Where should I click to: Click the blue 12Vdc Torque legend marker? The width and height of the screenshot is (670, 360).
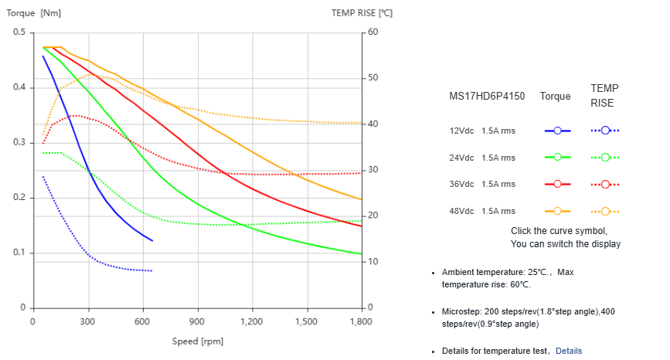tap(556, 131)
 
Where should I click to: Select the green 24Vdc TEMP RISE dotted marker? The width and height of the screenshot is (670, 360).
tap(605, 158)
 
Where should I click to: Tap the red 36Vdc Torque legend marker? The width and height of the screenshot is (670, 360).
tap(556, 184)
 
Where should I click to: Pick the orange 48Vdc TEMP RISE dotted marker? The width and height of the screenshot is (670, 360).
tap(605, 211)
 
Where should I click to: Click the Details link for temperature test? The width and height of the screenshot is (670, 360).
tap(568, 351)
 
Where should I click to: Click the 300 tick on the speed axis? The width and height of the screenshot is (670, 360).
tap(87, 321)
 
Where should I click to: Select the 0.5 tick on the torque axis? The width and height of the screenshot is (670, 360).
tap(19, 32)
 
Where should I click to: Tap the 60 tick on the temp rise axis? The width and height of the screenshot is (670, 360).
tap(373, 32)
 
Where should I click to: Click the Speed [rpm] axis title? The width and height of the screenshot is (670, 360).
tap(197, 341)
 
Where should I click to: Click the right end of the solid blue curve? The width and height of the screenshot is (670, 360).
tap(152, 241)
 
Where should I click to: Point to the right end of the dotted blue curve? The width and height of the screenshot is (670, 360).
tap(152, 271)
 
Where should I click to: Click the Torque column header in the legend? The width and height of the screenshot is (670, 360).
tap(556, 97)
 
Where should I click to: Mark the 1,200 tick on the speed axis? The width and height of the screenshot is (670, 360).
tap(252, 321)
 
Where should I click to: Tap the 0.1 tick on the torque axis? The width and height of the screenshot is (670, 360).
tap(19, 253)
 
